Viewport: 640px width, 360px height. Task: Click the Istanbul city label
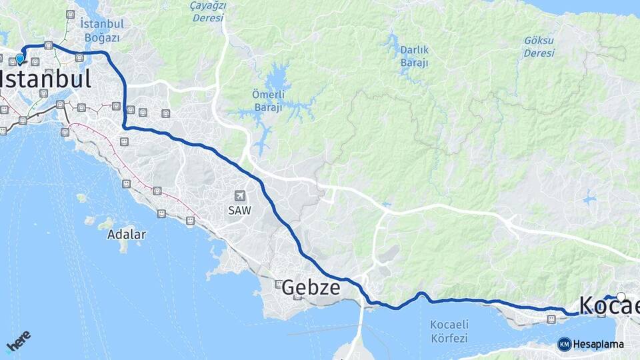click(x=45, y=79)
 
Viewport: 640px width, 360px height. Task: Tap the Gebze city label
click(x=311, y=288)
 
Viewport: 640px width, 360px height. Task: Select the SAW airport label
click(x=240, y=209)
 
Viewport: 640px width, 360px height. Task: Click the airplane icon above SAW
click(x=240, y=196)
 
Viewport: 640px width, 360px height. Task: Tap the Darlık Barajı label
click(x=414, y=56)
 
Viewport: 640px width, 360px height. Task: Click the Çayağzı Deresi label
click(x=209, y=11)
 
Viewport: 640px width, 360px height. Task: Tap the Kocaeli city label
click(x=609, y=305)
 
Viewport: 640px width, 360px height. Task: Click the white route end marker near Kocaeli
click(x=621, y=297)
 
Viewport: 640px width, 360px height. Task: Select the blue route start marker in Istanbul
click(x=20, y=58)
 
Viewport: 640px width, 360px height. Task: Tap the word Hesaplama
click(x=599, y=345)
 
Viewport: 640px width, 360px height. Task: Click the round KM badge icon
click(x=564, y=345)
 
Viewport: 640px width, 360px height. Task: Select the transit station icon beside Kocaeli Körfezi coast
click(x=551, y=319)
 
